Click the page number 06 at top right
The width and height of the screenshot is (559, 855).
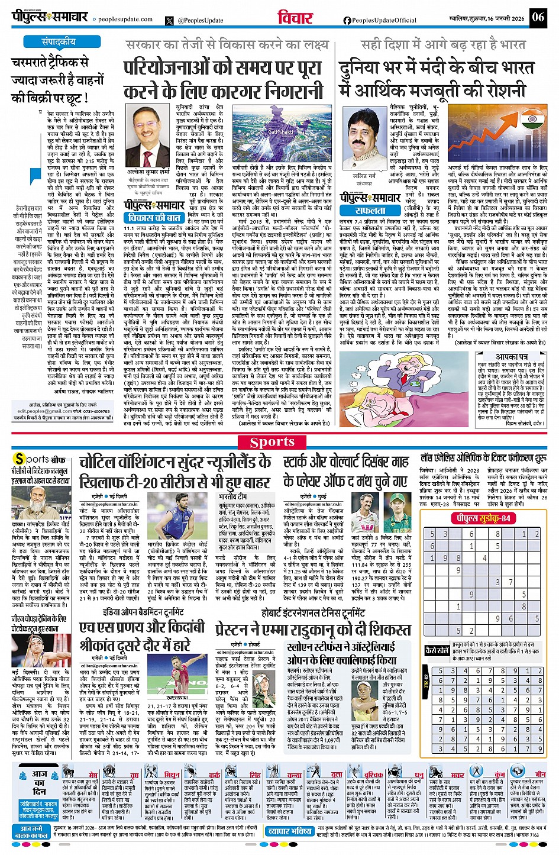coord(538,17)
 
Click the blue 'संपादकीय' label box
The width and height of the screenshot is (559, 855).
coord(58,42)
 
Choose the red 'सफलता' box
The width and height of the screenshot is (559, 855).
coord(370,211)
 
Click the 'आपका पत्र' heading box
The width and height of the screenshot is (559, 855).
coord(512,357)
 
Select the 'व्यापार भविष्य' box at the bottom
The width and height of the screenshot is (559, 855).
coord(290,831)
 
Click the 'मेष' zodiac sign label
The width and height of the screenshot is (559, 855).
coord(93,775)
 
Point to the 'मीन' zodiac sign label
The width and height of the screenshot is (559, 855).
coord(539,774)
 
